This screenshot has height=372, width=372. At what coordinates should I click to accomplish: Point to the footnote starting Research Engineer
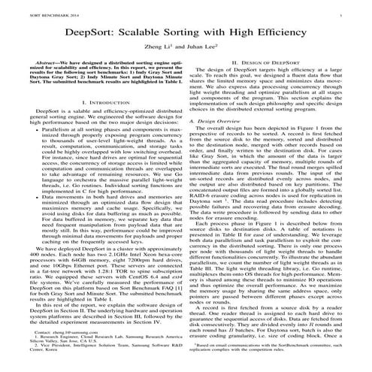90,337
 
